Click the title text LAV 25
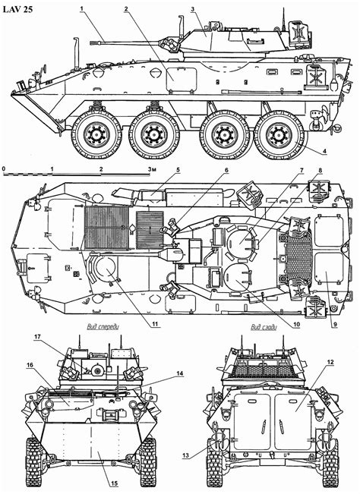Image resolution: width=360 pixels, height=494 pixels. coord(18,9)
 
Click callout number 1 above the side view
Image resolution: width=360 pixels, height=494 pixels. coord(82,8)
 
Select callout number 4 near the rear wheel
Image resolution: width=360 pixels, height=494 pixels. coord(324,151)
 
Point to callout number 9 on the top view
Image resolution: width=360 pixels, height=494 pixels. coord(336,324)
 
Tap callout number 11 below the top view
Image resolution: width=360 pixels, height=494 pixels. coord(156,323)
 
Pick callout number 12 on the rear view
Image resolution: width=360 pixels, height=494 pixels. coord(330,362)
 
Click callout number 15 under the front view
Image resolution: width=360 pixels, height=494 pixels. coord(114,483)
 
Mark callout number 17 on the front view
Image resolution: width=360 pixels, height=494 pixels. coord(37,337)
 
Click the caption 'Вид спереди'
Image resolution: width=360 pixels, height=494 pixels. coord(103,327)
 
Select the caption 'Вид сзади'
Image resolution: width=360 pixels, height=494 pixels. coord(264,327)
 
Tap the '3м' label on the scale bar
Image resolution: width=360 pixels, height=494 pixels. coord(153,169)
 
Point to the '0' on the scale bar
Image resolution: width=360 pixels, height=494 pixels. coord(3,169)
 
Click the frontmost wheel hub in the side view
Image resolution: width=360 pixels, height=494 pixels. coord(96,134)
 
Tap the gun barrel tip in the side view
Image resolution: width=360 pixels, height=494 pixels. coord(92,42)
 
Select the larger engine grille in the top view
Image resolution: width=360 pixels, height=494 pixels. coord(107,227)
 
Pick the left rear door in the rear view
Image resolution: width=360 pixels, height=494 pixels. coord(252,421)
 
